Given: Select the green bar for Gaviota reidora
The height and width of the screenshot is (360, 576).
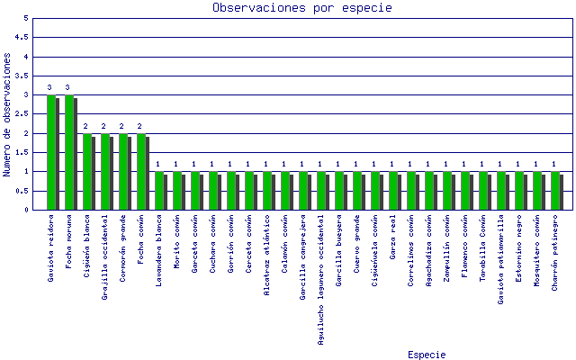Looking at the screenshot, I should tap(51, 152).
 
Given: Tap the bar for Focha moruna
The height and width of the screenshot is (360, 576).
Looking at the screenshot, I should tap(69, 152).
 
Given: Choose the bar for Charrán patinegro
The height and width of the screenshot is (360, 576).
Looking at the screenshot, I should tap(555, 190).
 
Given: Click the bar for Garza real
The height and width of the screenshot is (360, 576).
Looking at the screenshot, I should tap(393, 190).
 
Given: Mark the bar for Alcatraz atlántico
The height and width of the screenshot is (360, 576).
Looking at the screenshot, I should tap(267, 190).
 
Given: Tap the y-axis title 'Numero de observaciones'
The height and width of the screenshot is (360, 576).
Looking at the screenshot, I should tap(8, 113).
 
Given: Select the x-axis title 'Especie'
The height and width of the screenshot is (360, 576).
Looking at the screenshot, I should tap(426, 354).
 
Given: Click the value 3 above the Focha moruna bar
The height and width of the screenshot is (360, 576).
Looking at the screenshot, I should tap(67, 88).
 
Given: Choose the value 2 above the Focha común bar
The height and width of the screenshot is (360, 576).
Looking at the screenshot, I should tap(139, 126).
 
